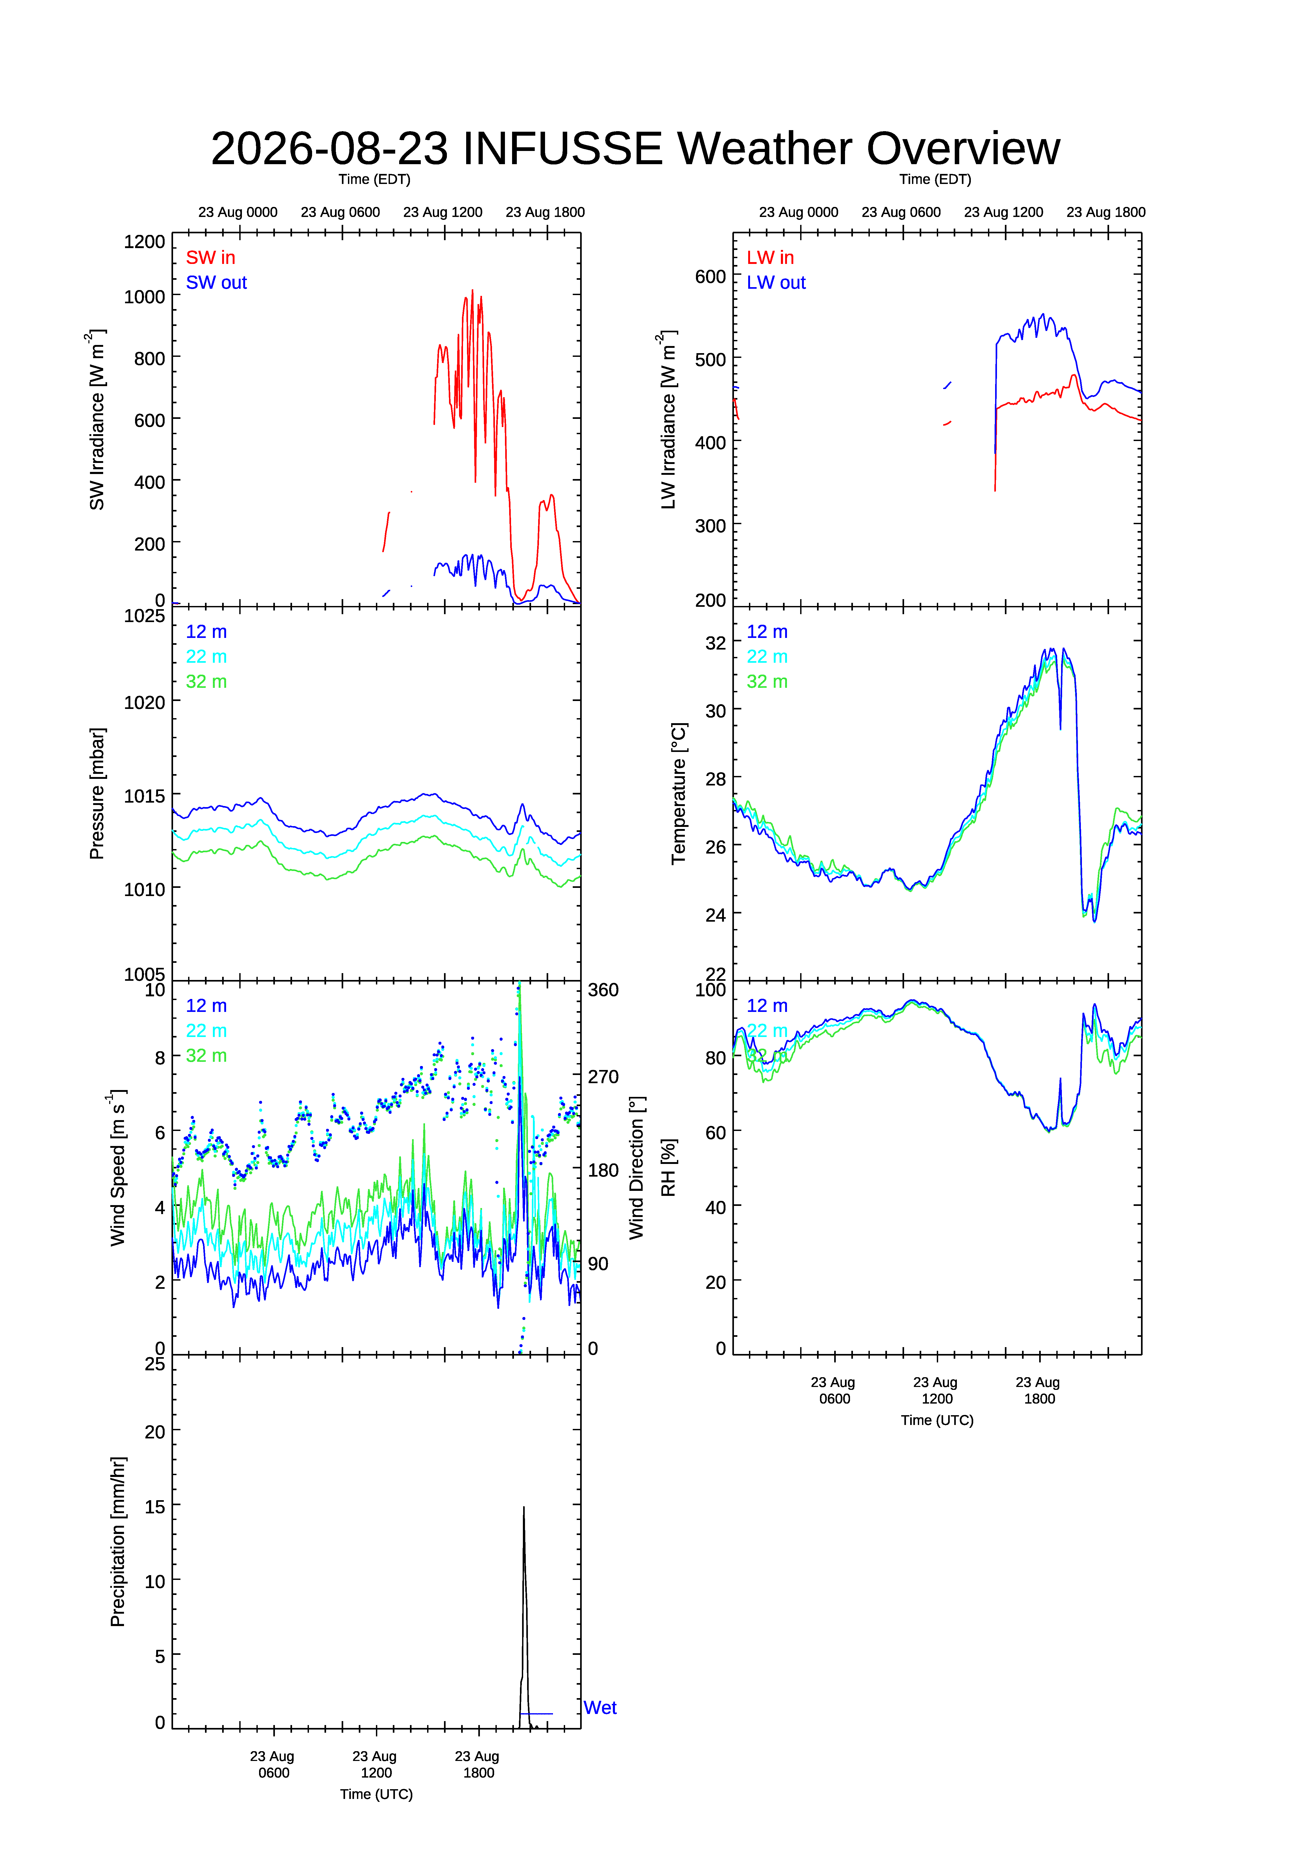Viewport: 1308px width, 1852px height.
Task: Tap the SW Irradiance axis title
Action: [x=97, y=419]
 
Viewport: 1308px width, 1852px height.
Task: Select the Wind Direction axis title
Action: [x=637, y=1168]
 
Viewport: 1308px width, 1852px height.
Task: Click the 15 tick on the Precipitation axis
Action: [x=155, y=1507]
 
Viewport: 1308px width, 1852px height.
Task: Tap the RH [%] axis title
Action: [x=669, y=1168]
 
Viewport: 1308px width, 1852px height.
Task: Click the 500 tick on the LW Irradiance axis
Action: [x=710, y=360]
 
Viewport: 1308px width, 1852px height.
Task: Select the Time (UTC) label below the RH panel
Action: [x=937, y=1420]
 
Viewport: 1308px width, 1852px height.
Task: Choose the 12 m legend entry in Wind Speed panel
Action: [x=207, y=1006]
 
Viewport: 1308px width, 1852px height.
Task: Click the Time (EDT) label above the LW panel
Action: [x=935, y=179]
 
